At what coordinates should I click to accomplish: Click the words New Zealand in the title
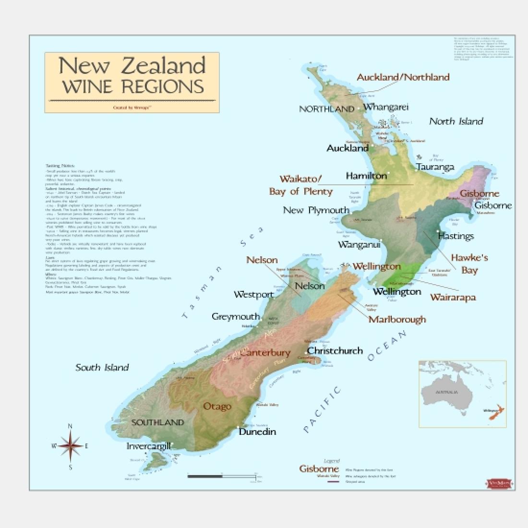(x=132, y=66)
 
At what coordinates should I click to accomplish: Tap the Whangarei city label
(x=385, y=107)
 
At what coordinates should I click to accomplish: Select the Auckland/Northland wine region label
(x=403, y=77)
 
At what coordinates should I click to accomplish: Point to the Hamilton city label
(x=366, y=176)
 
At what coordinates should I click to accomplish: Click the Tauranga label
(x=435, y=167)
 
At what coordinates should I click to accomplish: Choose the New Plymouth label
(x=316, y=210)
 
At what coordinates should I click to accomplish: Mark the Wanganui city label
(x=359, y=245)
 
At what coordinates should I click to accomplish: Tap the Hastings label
(x=456, y=236)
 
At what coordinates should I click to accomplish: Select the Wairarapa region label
(x=453, y=297)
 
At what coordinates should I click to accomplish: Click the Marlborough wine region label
(x=397, y=319)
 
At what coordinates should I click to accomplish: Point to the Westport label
(x=253, y=294)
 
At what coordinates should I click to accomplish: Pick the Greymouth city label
(x=236, y=317)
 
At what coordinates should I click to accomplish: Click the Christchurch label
(x=335, y=350)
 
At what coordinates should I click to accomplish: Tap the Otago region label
(x=217, y=406)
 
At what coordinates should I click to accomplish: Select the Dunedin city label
(x=257, y=432)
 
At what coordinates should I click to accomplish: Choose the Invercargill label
(x=148, y=446)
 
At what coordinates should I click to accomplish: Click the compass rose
(x=71, y=446)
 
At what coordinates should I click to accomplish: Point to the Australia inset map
(x=462, y=394)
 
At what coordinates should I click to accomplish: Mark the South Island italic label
(x=102, y=367)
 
